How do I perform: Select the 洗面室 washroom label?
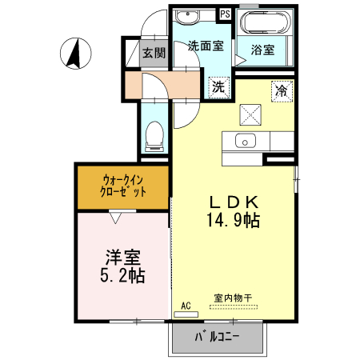coord(205,46)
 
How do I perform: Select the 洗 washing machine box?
coord(218,87)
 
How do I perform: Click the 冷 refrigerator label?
coord(281,90)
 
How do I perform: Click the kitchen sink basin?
coord(244,142)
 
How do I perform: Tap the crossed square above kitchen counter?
coord(254,114)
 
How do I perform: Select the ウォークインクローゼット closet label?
coord(124,186)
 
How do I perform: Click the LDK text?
coord(233,201)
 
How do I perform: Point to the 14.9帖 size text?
coord(233,220)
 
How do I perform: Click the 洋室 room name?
coord(123,258)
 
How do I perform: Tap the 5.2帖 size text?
coord(123,277)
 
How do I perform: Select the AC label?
coord(186,306)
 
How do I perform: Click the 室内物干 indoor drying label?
coord(232,298)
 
